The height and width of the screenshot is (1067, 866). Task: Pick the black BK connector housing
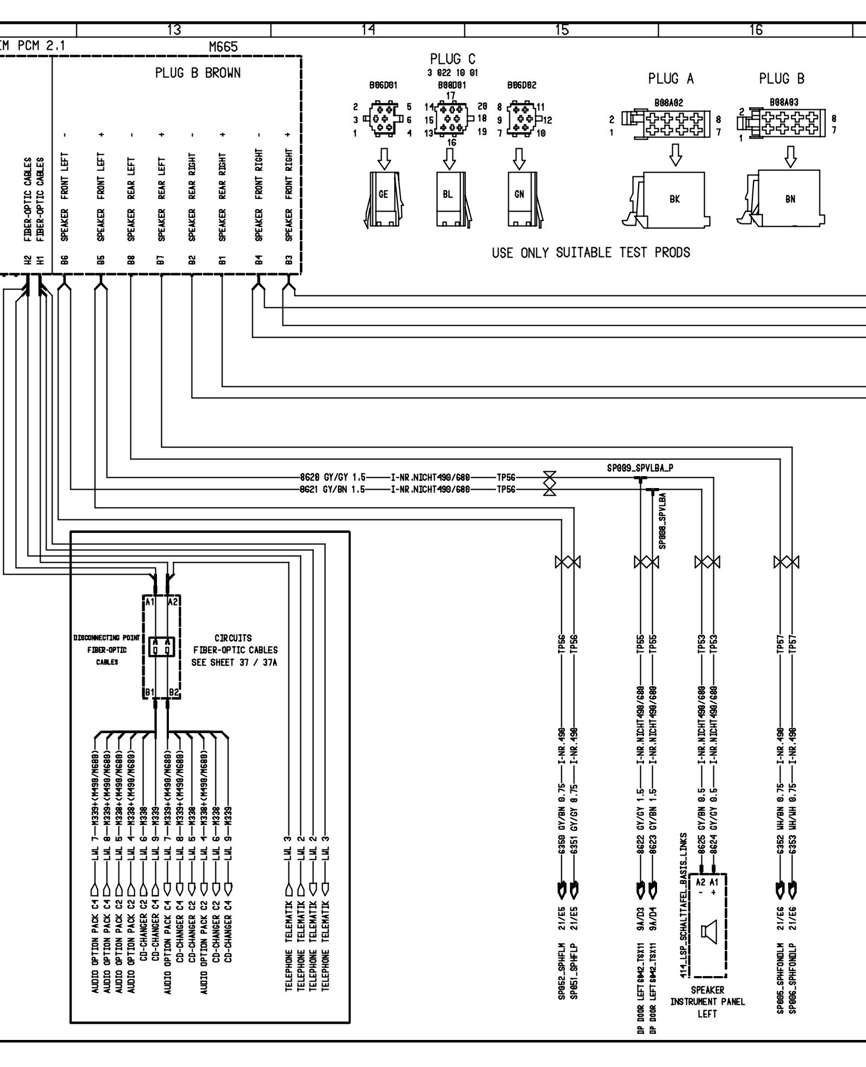pyautogui.click(x=674, y=199)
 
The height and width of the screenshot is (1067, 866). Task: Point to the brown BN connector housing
pyautogui.click(x=790, y=199)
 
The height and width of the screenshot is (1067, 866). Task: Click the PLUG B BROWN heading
pyautogui.click(x=198, y=73)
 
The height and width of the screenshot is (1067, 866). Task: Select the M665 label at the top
pyautogui.click(x=223, y=47)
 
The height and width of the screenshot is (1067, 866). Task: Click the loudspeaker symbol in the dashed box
pyautogui.click(x=707, y=930)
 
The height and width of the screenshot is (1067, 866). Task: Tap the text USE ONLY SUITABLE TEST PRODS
pyautogui.click(x=591, y=253)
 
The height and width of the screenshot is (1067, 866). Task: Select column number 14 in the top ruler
pyautogui.click(x=368, y=30)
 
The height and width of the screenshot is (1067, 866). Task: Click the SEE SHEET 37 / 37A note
pyautogui.click(x=234, y=662)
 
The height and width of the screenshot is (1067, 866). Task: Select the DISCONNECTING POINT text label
pyautogui.click(x=107, y=638)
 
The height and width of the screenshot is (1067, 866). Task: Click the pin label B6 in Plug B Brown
pyautogui.click(x=64, y=260)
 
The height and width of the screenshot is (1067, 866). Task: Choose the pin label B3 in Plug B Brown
pyautogui.click(x=288, y=260)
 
